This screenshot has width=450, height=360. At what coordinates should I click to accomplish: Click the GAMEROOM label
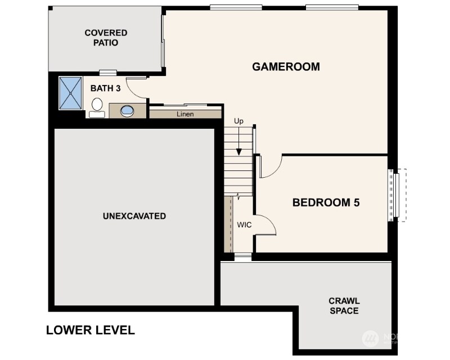[286, 66]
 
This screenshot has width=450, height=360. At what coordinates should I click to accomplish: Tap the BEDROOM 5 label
[326, 202]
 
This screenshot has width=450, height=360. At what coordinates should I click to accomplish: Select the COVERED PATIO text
[106, 38]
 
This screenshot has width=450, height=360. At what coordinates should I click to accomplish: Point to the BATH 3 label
[105, 88]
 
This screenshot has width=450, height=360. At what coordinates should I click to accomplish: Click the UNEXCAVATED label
[134, 216]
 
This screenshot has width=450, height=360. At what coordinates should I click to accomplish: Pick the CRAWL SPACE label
[344, 306]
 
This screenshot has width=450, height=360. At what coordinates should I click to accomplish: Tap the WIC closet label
[244, 225]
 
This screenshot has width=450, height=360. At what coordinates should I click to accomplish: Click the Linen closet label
[185, 114]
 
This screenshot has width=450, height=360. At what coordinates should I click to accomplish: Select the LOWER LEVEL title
[91, 330]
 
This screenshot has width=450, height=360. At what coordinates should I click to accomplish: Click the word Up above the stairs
[238, 121]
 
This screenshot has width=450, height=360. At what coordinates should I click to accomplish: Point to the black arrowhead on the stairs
[238, 152]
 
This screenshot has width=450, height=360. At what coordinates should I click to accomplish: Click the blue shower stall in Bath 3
[70, 93]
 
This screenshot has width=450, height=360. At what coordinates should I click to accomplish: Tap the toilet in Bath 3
[97, 108]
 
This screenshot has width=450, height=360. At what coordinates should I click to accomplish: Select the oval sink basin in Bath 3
[127, 111]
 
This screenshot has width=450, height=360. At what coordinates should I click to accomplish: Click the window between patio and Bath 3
[108, 73]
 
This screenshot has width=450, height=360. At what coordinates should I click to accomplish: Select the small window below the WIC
[243, 256]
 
